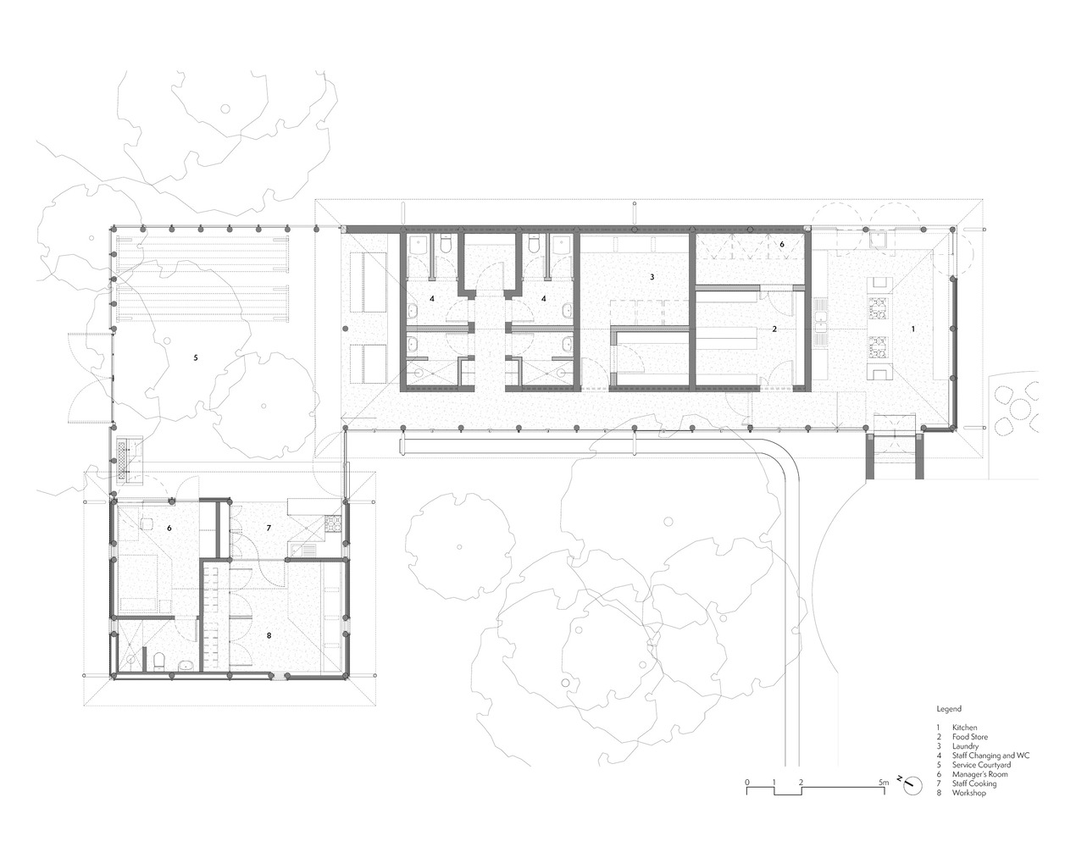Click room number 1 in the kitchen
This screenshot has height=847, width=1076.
coord(913,327)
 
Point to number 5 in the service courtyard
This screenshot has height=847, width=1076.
coord(196,358)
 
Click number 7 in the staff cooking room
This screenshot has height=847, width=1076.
coord(269,528)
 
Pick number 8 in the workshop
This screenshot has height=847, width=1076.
coord(269,634)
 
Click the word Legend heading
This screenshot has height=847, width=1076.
coord(948,708)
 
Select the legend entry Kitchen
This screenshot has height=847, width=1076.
coord(964,728)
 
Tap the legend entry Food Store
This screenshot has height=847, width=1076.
coord(969,737)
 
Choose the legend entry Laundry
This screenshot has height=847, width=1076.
coord(965,746)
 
